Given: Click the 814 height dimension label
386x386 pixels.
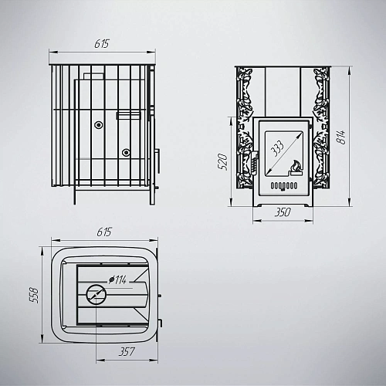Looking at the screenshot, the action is (x=341, y=137).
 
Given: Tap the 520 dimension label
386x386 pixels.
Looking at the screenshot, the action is (x=223, y=161).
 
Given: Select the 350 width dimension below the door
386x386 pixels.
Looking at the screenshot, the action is (x=283, y=212).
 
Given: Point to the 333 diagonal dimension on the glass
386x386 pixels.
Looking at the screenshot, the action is (x=277, y=148).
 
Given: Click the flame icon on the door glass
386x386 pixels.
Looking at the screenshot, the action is (x=296, y=168).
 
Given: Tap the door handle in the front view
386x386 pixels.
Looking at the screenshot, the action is (x=254, y=162).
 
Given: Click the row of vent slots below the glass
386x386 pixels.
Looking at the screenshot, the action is (x=284, y=185).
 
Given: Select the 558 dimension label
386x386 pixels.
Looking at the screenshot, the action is (x=34, y=295).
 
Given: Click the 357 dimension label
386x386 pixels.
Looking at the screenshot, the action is (x=127, y=352).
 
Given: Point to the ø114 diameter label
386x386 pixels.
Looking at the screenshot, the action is (x=117, y=279).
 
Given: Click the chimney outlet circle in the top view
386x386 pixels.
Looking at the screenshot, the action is (x=96, y=294).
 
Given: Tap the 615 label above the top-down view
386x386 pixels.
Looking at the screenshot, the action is (x=104, y=232).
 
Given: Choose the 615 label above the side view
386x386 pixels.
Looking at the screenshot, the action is (x=102, y=44).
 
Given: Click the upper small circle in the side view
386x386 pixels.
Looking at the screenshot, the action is (x=98, y=125).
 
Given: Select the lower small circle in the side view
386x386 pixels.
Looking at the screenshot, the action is (x=126, y=153).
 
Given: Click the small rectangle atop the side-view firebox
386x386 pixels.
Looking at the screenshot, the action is (x=93, y=76).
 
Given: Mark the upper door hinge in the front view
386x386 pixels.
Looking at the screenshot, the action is (x=310, y=127).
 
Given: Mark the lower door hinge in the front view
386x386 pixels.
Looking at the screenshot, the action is (x=310, y=179).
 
